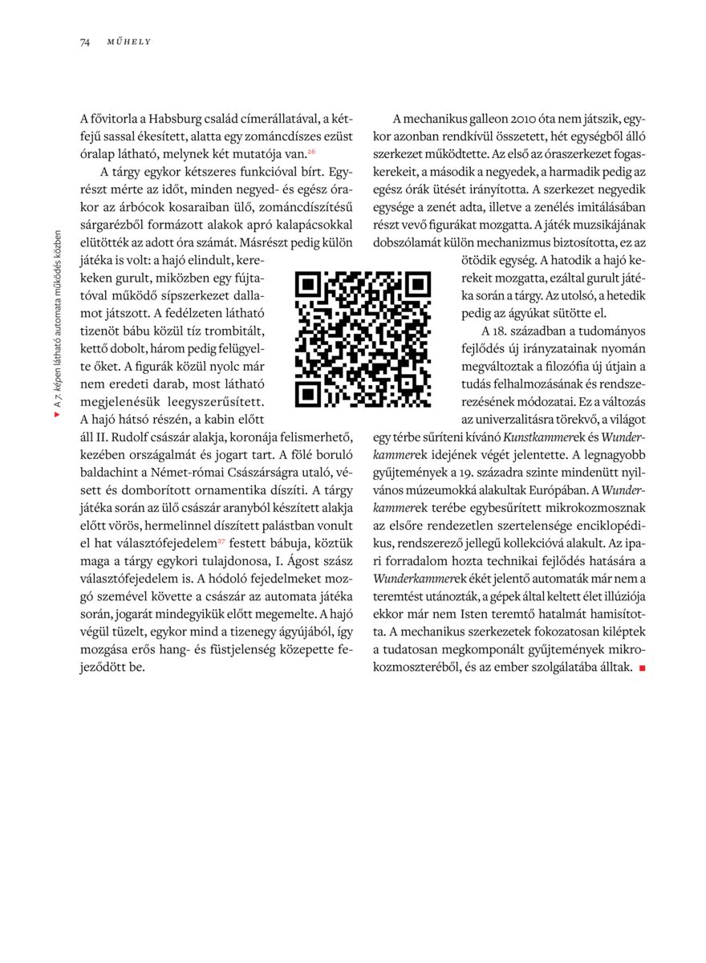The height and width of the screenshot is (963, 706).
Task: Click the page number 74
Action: coord(84,42)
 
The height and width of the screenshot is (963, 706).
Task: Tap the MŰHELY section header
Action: coord(129,42)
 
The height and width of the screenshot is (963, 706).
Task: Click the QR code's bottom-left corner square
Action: coord(309,393)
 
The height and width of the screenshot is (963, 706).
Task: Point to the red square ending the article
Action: coord(642,668)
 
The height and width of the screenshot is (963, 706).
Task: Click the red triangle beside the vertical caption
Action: coord(57,416)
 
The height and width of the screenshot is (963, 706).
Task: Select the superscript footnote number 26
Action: coord(311,150)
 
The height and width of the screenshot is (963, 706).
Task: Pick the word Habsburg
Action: coord(181,118)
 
